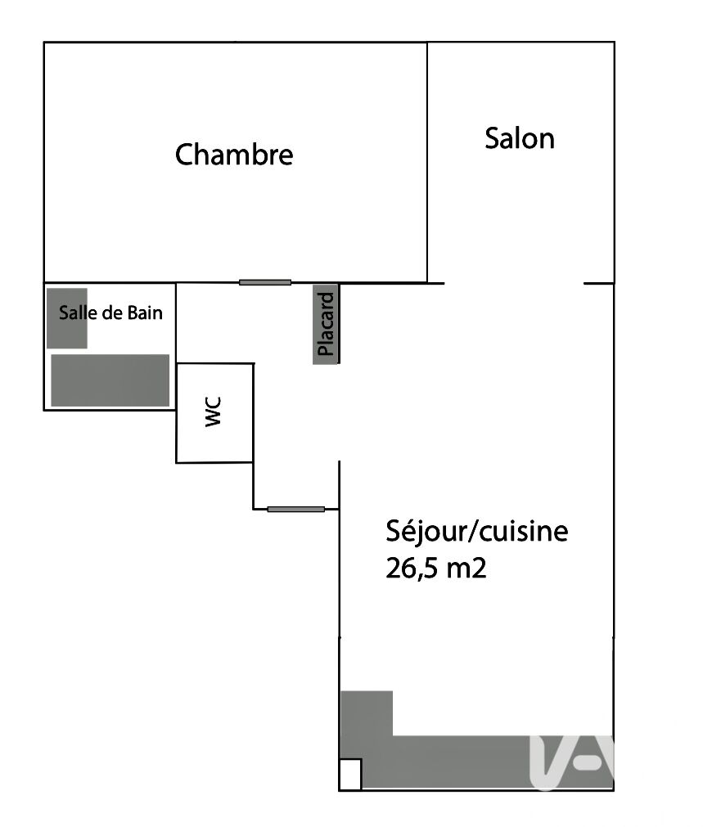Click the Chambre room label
(x=234, y=155)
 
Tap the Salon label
(x=520, y=138)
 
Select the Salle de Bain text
(x=110, y=312)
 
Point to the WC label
(x=214, y=412)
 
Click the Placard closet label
(x=326, y=325)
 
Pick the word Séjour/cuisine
(x=477, y=531)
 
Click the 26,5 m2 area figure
(x=436, y=568)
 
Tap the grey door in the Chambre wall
(x=265, y=283)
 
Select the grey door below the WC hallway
(x=296, y=509)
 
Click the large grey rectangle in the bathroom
(x=110, y=380)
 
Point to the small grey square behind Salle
(x=67, y=318)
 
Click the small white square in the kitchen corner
(x=350, y=775)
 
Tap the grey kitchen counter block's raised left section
(x=367, y=713)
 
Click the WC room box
(x=214, y=413)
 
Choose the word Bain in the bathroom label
(x=145, y=312)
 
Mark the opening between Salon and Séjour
(x=514, y=283)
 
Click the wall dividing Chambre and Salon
(x=427, y=162)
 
